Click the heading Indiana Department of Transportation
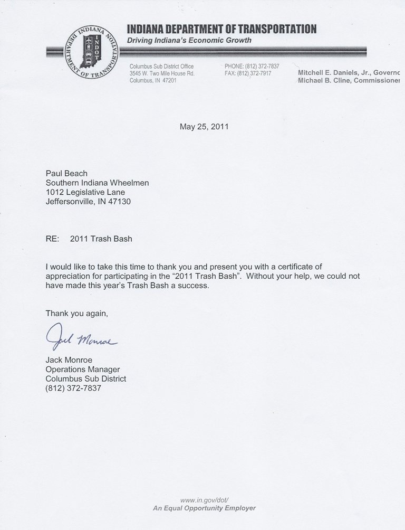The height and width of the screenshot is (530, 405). (x=221, y=29)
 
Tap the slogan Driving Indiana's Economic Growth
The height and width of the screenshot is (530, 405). (x=189, y=40)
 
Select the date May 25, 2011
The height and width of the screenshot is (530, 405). (x=205, y=127)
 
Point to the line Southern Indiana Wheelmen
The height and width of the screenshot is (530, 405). (x=98, y=183)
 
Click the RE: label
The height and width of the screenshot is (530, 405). (x=53, y=239)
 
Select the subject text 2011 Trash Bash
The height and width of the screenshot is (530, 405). (x=101, y=239)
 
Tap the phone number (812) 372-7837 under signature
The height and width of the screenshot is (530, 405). (x=73, y=389)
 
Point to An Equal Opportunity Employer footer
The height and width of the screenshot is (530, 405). (x=204, y=508)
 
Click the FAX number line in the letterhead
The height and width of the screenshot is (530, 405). (x=248, y=73)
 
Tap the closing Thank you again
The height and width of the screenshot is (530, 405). (x=76, y=313)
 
